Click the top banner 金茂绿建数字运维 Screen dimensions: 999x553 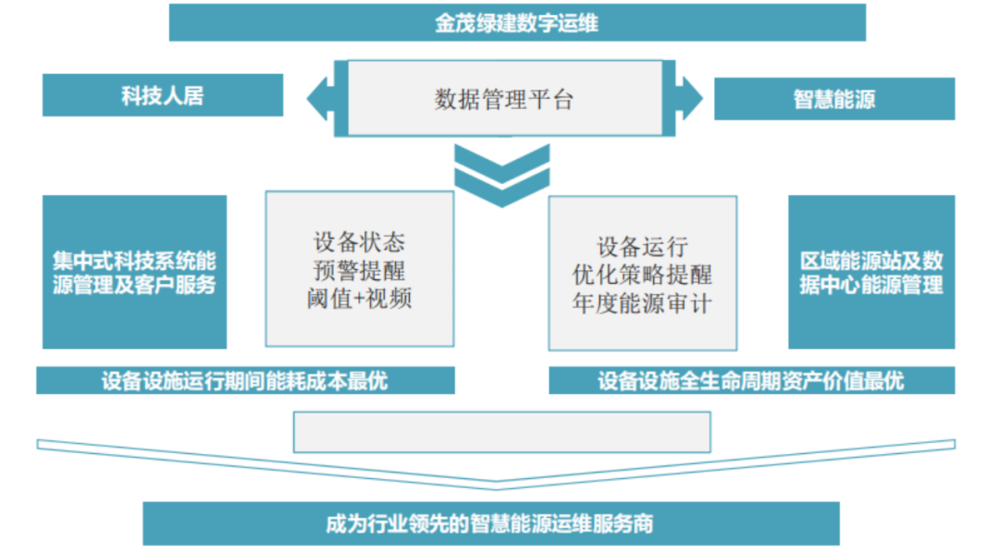(x=516, y=23)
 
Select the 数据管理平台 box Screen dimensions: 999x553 (x=504, y=98)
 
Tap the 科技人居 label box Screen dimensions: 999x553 (x=163, y=95)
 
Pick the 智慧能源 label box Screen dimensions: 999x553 (x=833, y=99)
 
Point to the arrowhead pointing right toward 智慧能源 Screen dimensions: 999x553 (x=691, y=95)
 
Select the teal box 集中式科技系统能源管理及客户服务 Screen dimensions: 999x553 (x=134, y=272)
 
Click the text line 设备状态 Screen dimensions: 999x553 (x=359, y=244)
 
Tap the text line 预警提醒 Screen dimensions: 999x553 (x=359, y=272)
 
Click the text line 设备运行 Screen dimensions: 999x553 (x=642, y=247)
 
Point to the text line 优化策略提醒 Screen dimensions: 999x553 (x=642, y=275)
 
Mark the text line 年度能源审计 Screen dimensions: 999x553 (x=642, y=302)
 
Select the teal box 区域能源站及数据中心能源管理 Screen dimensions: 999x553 (x=870, y=272)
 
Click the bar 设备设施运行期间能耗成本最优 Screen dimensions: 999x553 (x=245, y=381)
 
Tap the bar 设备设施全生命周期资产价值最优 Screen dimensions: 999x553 (x=750, y=381)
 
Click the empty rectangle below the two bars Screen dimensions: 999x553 (x=501, y=432)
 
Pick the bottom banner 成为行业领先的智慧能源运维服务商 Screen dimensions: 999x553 (x=490, y=523)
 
